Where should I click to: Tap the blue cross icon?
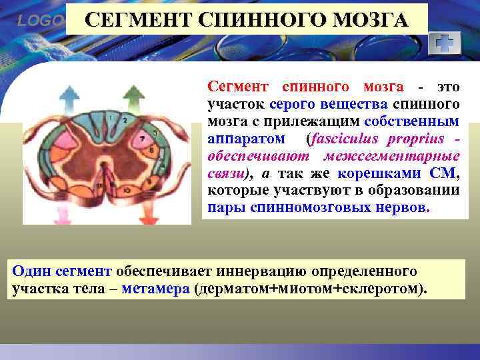click(443, 44)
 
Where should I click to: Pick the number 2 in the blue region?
click(125, 121)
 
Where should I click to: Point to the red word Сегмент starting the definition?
click(238, 87)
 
